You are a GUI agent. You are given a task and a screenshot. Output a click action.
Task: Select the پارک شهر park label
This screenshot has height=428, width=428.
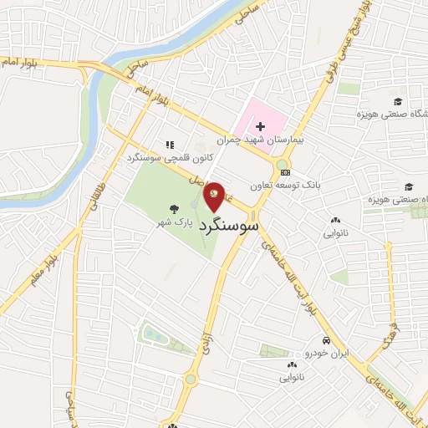tap(176, 224)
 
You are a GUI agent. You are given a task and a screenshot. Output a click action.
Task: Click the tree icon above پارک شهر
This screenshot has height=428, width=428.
tap(174, 210)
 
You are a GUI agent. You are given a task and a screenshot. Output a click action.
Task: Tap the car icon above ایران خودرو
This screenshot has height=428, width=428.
tap(326, 341)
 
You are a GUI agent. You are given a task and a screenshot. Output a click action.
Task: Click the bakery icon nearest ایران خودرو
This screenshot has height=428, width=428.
tap(292, 364)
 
